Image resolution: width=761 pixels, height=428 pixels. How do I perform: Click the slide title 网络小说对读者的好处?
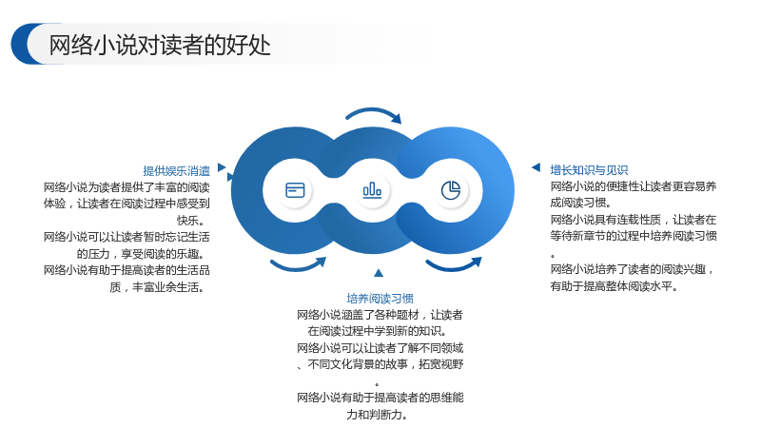pos(160,45)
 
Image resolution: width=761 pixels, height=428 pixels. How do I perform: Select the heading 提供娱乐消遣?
pos(176,171)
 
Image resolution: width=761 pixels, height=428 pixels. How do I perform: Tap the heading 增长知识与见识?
pos(589,170)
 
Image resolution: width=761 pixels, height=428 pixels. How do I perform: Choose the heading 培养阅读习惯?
pos(380,298)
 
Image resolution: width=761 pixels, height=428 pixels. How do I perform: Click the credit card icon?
pos(295,190)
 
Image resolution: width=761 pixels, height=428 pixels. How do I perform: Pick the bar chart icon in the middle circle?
pos(372,189)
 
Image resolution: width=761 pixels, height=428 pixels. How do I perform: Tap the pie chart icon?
pos(451,190)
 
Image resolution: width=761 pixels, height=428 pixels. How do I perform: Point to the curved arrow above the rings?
pos(373,110)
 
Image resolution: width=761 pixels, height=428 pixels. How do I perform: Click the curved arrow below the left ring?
pos(297,266)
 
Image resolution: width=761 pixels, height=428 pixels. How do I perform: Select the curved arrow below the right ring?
pos(454,266)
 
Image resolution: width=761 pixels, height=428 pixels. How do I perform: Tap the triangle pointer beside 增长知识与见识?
pos(537,167)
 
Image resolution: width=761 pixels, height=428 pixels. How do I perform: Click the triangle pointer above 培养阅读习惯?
pos(379,273)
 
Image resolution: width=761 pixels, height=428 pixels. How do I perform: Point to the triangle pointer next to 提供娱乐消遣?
pos(222,167)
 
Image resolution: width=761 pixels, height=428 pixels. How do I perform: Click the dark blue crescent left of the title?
pos(20,44)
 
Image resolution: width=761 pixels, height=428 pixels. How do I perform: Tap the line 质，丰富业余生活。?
pos(157,287)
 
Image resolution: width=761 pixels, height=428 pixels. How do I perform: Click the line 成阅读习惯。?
pos(581,203)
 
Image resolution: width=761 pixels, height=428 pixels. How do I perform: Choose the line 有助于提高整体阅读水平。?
pos(614,286)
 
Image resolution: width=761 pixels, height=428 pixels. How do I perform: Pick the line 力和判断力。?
pos(378,415)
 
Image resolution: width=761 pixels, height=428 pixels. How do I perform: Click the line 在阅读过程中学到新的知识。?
pos(378,331)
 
